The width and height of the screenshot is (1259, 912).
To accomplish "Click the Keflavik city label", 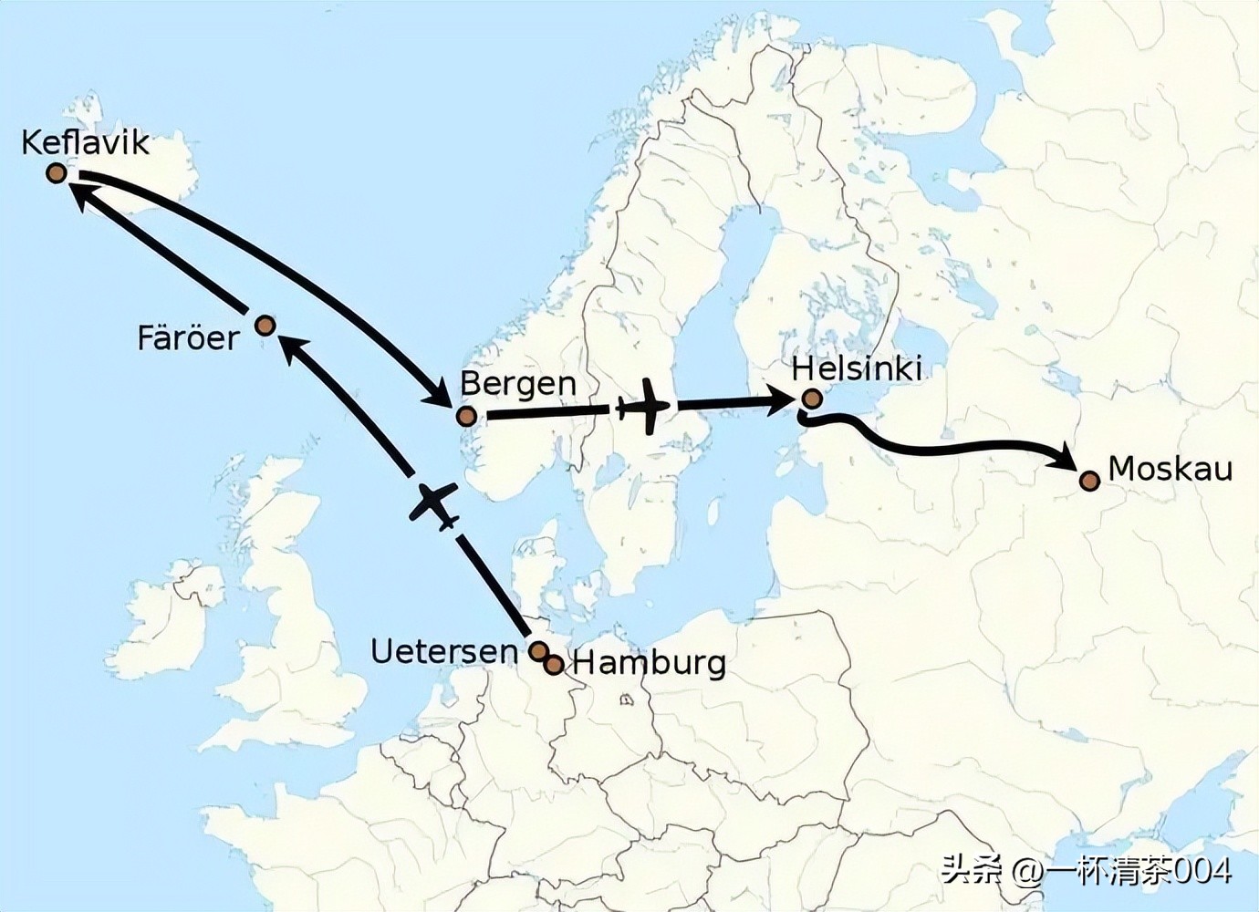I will [x=85, y=142].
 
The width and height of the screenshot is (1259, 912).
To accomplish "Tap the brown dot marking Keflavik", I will [x=57, y=172].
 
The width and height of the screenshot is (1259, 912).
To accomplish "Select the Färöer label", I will [x=188, y=338].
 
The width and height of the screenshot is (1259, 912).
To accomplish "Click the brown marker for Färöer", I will [x=265, y=325].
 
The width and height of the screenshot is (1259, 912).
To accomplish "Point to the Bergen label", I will [x=517, y=383].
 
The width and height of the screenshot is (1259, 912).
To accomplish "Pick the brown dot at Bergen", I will [x=467, y=417].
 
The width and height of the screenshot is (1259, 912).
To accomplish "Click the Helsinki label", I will [x=856, y=368].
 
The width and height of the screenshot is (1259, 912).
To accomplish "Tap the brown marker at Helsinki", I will [x=812, y=399].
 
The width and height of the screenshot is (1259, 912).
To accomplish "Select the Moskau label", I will [x=1170, y=469].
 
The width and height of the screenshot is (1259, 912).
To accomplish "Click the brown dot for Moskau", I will [x=1089, y=481].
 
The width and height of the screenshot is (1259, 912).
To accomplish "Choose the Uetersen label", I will [x=443, y=651].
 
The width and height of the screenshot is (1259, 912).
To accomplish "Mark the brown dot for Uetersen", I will [x=538, y=650].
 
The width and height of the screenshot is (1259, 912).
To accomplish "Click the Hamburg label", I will [x=649, y=662].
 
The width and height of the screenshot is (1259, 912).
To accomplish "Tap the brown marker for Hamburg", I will [x=554, y=665].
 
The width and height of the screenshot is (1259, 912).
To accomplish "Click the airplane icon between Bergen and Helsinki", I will [x=646, y=406].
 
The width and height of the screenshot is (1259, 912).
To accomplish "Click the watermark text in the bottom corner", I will [x=1086, y=870].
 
